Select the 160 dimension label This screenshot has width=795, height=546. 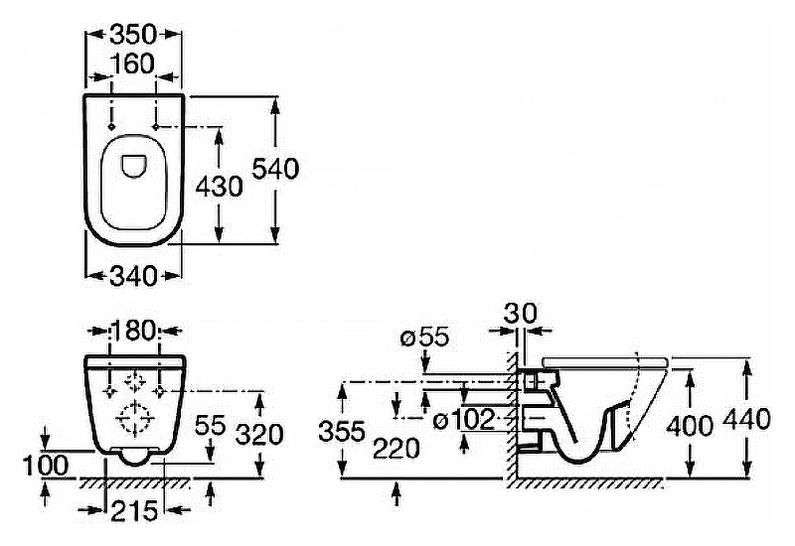coord(132,65)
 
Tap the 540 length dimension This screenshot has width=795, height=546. coord(275,169)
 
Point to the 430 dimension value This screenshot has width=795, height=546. coord(219,187)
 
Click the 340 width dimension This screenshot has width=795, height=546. coord(133,276)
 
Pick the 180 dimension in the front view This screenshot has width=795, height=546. coord(133,332)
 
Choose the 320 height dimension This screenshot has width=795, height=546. coord(260,435)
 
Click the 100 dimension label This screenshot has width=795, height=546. coord(46,466)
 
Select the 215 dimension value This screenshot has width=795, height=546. coord(134,511)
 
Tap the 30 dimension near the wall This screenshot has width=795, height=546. coord(520,314)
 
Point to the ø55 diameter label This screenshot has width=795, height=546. coord(425,337)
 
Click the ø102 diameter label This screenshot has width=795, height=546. coord(464,420)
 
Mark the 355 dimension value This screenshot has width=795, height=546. coord(342,432)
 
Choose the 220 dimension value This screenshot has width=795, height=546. coord(396,449)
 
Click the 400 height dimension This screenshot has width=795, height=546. coord(690,426)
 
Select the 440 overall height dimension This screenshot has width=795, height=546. coord(747,420)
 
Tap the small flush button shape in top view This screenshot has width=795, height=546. coord(134,166)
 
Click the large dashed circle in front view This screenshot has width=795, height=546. coord(135,418)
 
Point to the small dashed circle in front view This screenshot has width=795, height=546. coord(134,381)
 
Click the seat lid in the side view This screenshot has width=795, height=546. coord(605,361)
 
